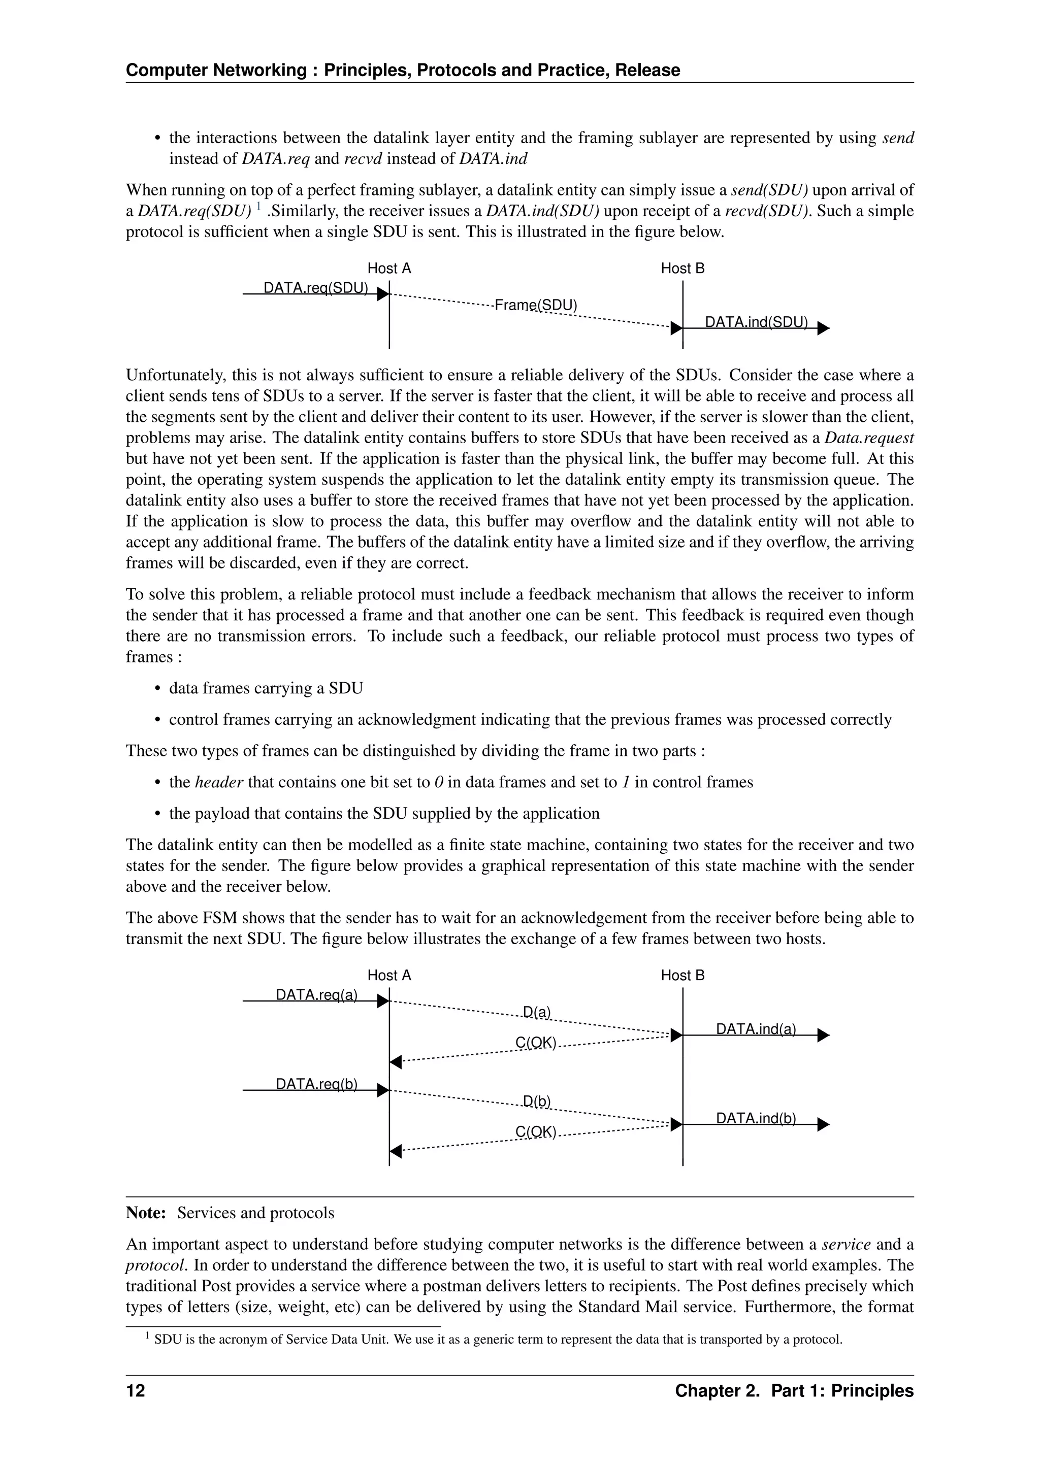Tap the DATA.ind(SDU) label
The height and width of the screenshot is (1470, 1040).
pyautogui.click(x=756, y=322)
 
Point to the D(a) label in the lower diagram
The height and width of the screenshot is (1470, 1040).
pyautogui.click(x=537, y=1012)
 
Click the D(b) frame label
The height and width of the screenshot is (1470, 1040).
pyautogui.click(x=537, y=1101)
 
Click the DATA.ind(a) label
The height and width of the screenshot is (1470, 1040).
pyautogui.click(x=756, y=1029)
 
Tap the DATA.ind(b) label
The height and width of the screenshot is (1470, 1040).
pyautogui.click(x=756, y=1118)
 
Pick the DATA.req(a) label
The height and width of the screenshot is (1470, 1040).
pyautogui.click(x=316, y=994)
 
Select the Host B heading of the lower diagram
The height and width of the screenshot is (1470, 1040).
pyautogui.click(x=682, y=975)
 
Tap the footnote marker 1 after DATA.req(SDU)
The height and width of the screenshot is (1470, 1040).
pyautogui.click(x=258, y=206)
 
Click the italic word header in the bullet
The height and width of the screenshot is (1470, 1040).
pyautogui.click(x=219, y=782)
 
